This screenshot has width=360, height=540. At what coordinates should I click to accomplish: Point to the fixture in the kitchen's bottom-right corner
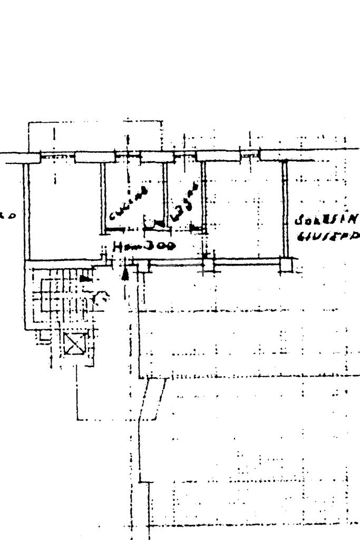tap(151, 224)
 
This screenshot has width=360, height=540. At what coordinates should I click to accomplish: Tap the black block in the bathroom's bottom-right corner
tap(196, 228)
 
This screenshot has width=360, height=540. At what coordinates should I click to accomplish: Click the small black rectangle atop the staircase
tap(84, 277)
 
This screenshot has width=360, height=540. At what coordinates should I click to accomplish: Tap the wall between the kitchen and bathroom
tap(165, 195)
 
